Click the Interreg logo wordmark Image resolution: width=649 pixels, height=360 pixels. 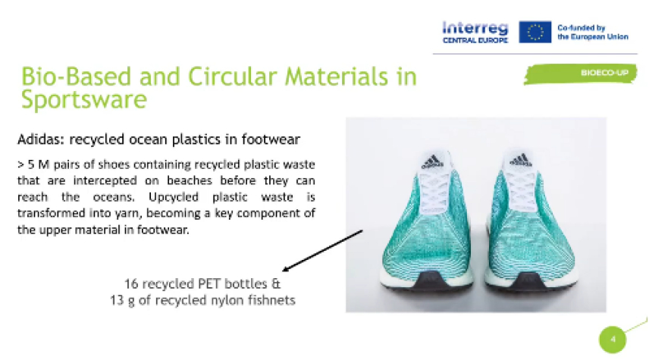pyautogui.click(x=475, y=33)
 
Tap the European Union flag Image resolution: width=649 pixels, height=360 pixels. pyautogui.click(x=535, y=32)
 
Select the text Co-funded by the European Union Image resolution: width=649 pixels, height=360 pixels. pyautogui.click(x=592, y=33)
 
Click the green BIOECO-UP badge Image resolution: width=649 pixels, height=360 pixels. pyautogui.click(x=580, y=74)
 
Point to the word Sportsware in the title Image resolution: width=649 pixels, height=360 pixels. pyautogui.click(x=84, y=100)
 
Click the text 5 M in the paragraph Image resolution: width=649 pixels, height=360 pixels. pyautogui.click(x=38, y=164)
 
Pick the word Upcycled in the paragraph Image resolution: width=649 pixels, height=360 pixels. pyautogui.click(x=174, y=197)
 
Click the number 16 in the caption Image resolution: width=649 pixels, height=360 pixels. pyautogui.click(x=131, y=284)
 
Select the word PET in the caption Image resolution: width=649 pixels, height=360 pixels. pyautogui.click(x=209, y=284)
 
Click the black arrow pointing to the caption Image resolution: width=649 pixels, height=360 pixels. pyautogui.click(x=322, y=251)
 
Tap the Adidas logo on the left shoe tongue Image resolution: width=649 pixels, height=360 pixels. pyautogui.click(x=432, y=161)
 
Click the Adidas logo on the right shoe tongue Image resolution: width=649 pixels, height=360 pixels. pyautogui.click(x=520, y=160)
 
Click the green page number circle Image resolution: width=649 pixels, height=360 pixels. pyautogui.click(x=613, y=340)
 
